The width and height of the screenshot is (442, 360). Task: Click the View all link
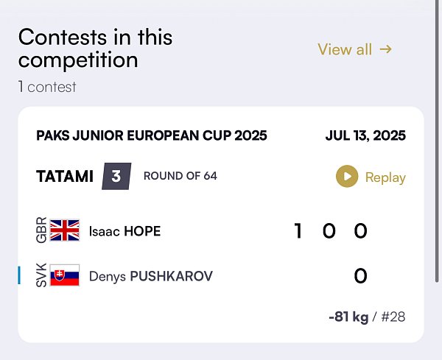tap(355, 49)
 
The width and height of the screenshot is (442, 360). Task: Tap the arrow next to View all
tap(385, 49)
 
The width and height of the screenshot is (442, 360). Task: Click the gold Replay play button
tap(347, 177)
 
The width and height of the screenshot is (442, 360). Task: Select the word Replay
tap(385, 177)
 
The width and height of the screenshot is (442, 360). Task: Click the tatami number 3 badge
tap(116, 177)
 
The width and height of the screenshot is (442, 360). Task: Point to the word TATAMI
tap(65, 177)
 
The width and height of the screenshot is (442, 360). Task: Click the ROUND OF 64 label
tap(180, 176)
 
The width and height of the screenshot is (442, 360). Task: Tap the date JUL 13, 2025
tap(365, 135)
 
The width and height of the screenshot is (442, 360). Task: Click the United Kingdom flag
tap(65, 230)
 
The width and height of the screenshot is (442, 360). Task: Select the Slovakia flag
tap(65, 275)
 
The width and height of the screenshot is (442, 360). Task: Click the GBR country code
tap(41, 230)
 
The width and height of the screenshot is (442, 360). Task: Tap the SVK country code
tap(41, 275)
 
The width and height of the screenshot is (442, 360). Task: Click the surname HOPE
tap(142, 231)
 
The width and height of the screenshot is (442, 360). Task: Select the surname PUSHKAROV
tap(172, 276)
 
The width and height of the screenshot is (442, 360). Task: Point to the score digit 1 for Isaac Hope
tap(298, 230)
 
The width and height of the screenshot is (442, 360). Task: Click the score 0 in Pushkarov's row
tap(360, 276)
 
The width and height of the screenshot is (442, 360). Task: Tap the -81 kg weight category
tap(348, 317)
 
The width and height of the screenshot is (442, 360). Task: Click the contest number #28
tap(393, 317)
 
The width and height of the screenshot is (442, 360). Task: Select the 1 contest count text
tap(47, 87)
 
